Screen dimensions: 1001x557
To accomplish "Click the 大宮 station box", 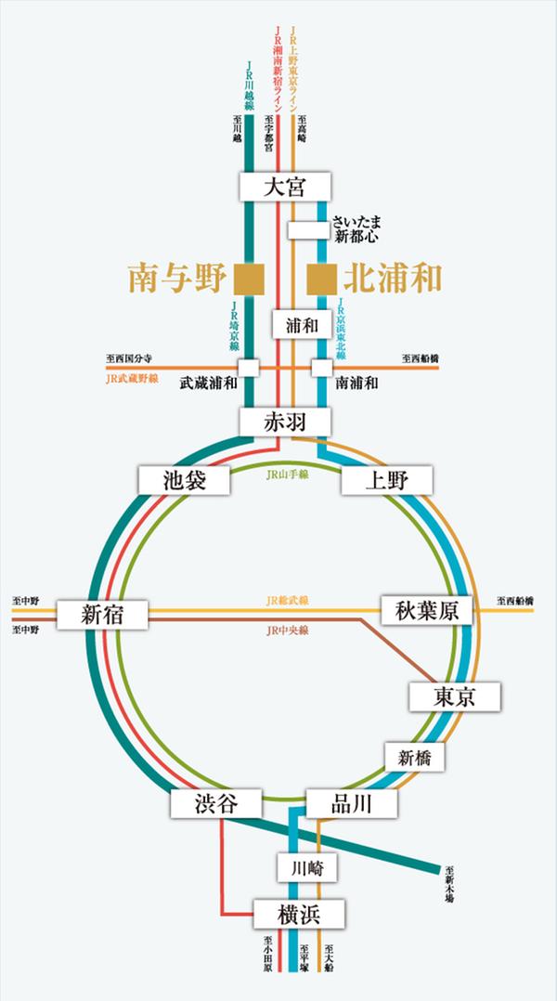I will (x=284, y=186).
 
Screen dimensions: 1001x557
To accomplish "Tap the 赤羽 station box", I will (x=284, y=422).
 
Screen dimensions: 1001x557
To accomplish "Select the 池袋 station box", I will (x=183, y=480).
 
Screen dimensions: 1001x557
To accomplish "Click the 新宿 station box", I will (x=102, y=614).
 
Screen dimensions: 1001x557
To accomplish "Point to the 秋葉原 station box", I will (x=427, y=610).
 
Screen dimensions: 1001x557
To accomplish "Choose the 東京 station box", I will (x=454, y=696).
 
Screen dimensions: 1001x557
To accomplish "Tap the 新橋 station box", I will (x=415, y=757).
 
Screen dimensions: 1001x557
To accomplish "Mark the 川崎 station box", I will (x=305, y=868).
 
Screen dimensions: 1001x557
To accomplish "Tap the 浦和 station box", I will (x=302, y=325).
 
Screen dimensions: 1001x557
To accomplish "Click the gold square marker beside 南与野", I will (x=249, y=278).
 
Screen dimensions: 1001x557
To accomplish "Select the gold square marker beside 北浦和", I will (x=322, y=278).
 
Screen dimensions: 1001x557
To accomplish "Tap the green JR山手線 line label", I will (x=288, y=474).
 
